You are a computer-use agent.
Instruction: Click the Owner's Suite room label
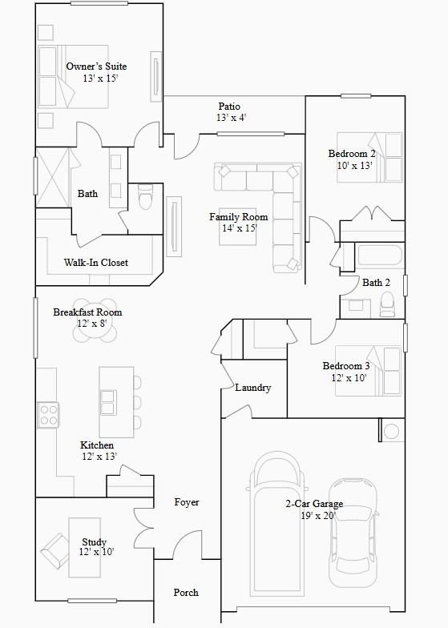click(96, 66)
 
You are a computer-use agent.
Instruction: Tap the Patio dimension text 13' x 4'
click(231, 118)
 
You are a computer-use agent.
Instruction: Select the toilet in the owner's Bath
click(145, 196)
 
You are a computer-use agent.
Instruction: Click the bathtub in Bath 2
click(379, 255)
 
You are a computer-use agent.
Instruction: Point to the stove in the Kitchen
click(48, 415)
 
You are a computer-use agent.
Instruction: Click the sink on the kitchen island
click(108, 402)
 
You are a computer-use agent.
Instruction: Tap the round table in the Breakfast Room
click(95, 320)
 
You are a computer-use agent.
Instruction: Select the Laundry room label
click(253, 388)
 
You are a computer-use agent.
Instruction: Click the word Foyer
click(186, 502)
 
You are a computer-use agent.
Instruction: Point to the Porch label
click(186, 593)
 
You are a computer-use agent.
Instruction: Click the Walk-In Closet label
click(96, 263)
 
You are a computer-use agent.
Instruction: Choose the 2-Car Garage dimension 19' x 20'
click(318, 516)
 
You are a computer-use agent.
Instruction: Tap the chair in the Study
click(54, 550)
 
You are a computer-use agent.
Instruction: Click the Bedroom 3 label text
click(346, 366)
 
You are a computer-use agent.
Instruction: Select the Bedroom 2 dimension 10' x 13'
click(355, 165)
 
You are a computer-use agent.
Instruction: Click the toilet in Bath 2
click(387, 304)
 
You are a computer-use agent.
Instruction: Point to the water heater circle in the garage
click(391, 431)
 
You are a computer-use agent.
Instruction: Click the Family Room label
click(239, 217)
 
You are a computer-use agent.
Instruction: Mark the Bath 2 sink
click(356, 306)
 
